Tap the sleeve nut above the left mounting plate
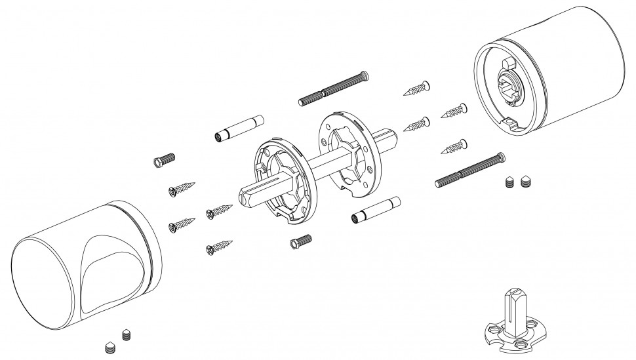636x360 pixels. point(239,129)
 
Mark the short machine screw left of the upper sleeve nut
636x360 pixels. point(165,160)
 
